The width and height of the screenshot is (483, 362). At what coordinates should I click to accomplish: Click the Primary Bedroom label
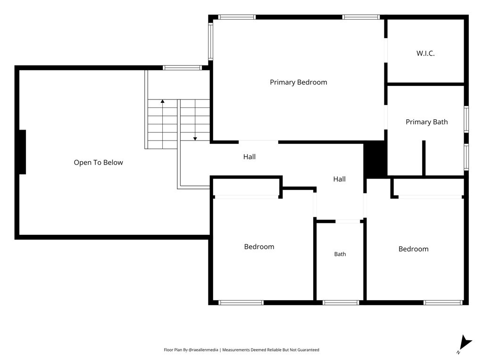pos(298,82)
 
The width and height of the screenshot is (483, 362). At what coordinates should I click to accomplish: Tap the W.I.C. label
pos(425,53)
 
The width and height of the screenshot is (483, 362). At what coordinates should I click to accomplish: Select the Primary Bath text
pos(426,122)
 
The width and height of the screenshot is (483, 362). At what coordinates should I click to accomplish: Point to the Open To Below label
pos(98,163)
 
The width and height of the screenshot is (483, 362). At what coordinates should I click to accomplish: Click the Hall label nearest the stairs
pos(249,156)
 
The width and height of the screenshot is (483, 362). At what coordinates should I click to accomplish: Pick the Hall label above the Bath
pos(339,179)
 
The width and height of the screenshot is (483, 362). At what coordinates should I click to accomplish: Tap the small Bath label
pos(340,254)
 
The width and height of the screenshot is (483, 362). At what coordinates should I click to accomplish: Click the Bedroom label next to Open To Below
pos(259,247)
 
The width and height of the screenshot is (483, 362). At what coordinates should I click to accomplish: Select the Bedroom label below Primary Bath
pos(413,249)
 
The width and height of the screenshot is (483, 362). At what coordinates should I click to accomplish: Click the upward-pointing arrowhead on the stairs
pos(162,101)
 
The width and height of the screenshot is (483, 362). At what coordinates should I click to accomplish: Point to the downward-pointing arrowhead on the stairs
pos(195,139)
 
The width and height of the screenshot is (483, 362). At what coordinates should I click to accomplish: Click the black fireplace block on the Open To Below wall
pos(23,152)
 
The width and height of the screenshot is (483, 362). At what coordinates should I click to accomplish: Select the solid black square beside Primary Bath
pos(375,159)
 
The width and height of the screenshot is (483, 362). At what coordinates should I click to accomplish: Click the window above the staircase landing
pos(183,68)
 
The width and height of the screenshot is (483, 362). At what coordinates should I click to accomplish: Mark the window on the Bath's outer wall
pos(341,303)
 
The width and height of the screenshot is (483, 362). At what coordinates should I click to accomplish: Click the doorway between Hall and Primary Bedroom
pos(258,142)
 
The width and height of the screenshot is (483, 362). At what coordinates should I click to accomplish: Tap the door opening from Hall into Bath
pos(348,222)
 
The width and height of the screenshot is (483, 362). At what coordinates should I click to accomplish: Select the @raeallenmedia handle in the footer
pos(203,350)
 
